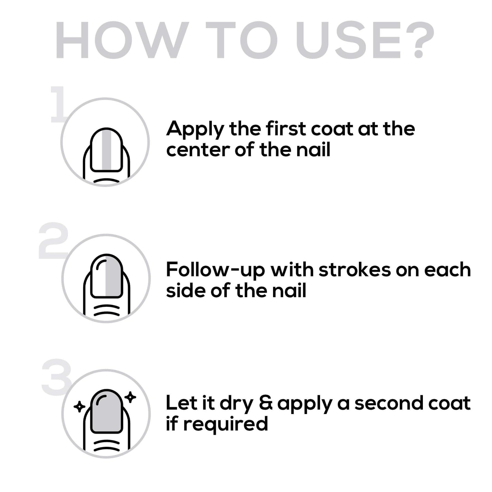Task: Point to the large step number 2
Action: click(x=53, y=240)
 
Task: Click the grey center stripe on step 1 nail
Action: click(x=107, y=149)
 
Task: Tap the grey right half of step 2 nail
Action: click(x=113, y=276)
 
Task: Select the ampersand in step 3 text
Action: click(x=266, y=403)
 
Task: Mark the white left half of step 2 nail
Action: click(x=98, y=276)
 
